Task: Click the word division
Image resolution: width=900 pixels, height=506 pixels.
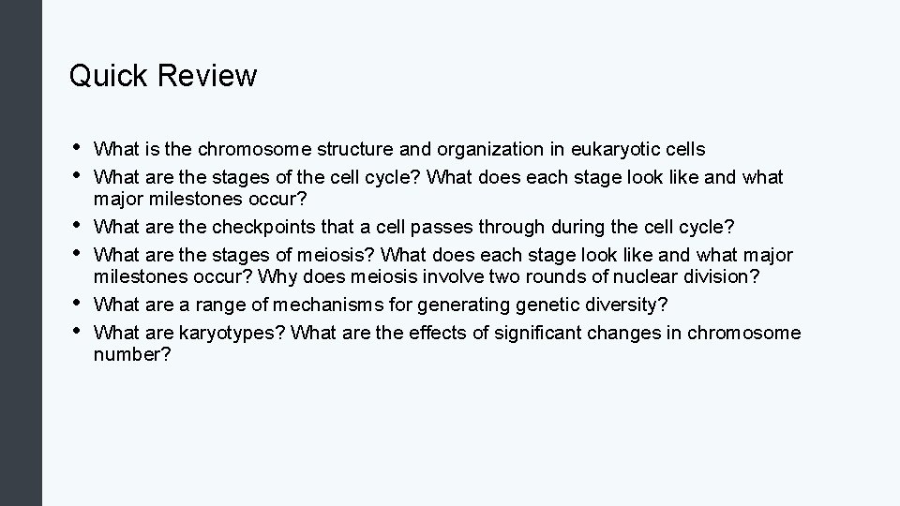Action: (696, 279)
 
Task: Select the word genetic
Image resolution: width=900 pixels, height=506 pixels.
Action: (551, 305)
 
